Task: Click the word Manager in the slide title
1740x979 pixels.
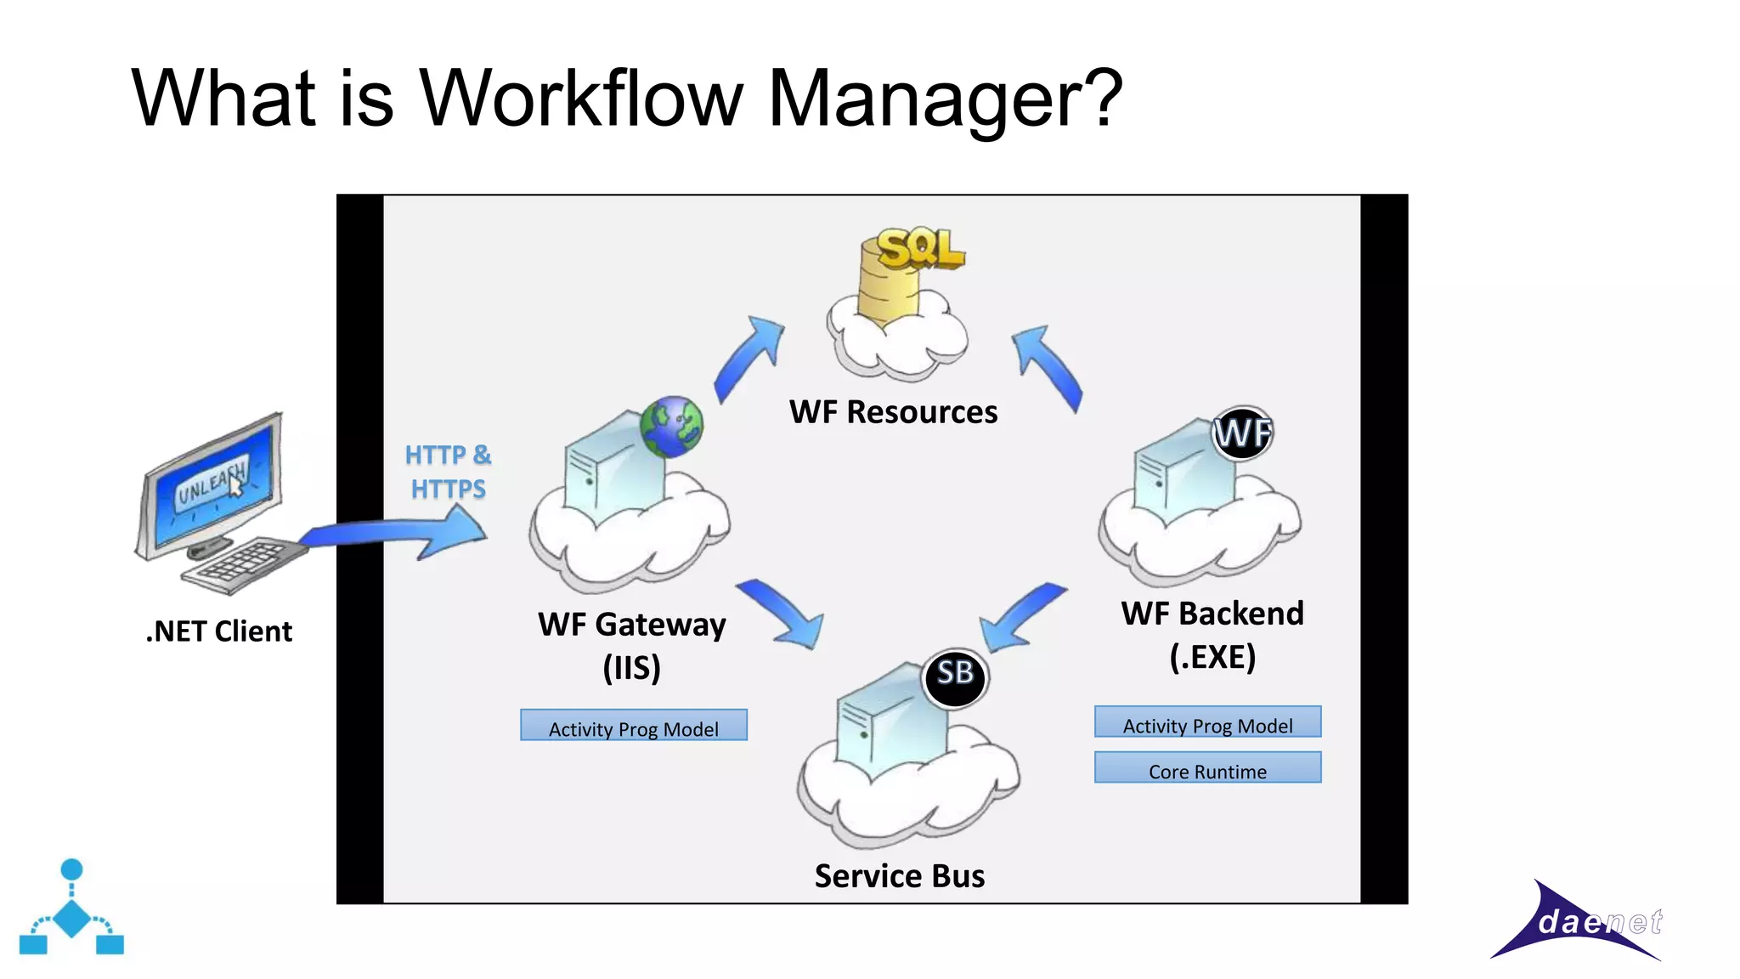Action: pyautogui.click(x=945, y=99)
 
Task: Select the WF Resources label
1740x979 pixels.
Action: pyautogui.click(x=893, y=412)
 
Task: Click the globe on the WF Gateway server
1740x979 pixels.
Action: pyautogui.click(x=671, y=427)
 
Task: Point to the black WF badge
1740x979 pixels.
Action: pyautogui.click(x=1241, y=433)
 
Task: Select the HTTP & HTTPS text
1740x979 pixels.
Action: pyautogui.click(x=448, y=472)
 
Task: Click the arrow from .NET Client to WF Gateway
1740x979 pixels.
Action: pyautogui.click(x=399, y=535)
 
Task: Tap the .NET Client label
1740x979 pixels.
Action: pyautogui.click(x=219, y=631)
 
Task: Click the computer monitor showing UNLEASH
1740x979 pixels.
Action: pyautogui.click(x=212, y=484)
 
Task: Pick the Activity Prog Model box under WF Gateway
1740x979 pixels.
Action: pyautogui.click(x=634, y=726)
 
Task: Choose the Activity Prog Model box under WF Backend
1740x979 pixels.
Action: pyautogui.click(x=1207, y=722)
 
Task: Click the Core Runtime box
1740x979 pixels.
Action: pyautogui.click(x=1207, y=768)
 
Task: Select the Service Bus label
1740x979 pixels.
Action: pyautogui.click(x=899, y=876)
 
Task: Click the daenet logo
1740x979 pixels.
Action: pyautogui.click(x=1580, y=923)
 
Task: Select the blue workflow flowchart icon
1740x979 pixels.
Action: pyautogui.click(x=71, y=909)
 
